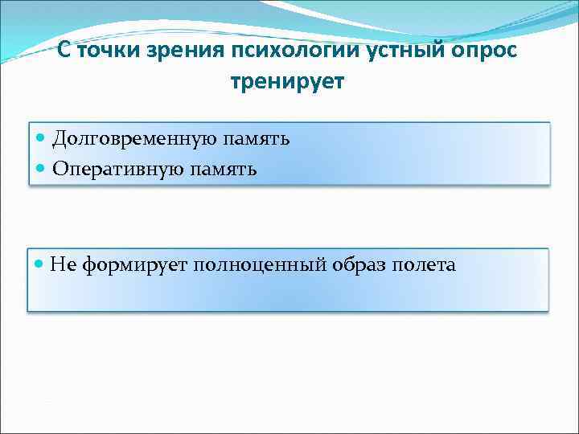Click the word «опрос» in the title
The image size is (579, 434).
(483, 51)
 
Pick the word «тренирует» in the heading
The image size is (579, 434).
(287, 82)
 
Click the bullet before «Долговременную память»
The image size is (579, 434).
(42, 139)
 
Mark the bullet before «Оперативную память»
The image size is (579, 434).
(42, 168)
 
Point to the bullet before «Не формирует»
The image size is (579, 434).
(40, 264)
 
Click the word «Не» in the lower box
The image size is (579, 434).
(60, 264)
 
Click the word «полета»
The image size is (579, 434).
(424, 264)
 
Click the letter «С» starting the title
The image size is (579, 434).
(64, 51)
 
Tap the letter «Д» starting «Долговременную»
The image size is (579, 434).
(60, 139)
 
